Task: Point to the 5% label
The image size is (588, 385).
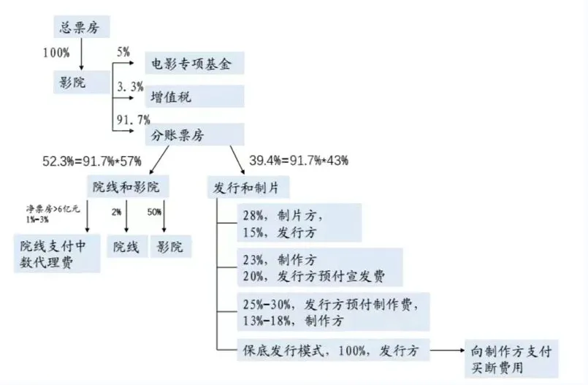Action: click(x=121, y=51)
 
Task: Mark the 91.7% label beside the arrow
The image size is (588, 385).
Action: click(x=133, y=119)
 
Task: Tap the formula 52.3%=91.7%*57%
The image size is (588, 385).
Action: click(x=93, y=159)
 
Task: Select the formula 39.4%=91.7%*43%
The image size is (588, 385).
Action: click(x=299, y=159)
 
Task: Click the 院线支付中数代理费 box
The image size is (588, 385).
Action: click(x=57, y=254)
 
